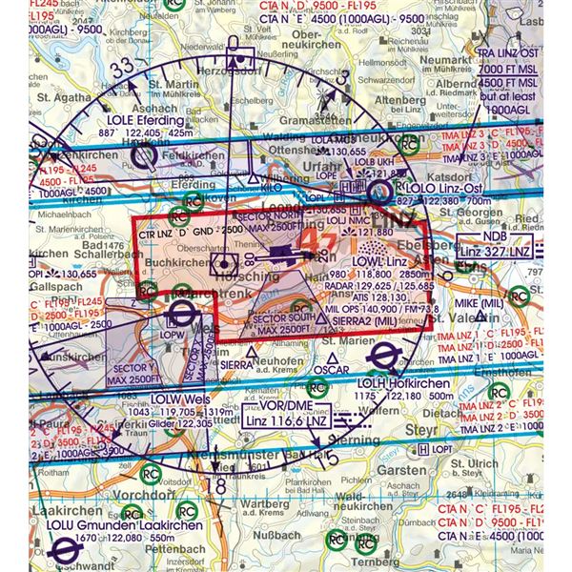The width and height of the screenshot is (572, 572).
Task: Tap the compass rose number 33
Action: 121,71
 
